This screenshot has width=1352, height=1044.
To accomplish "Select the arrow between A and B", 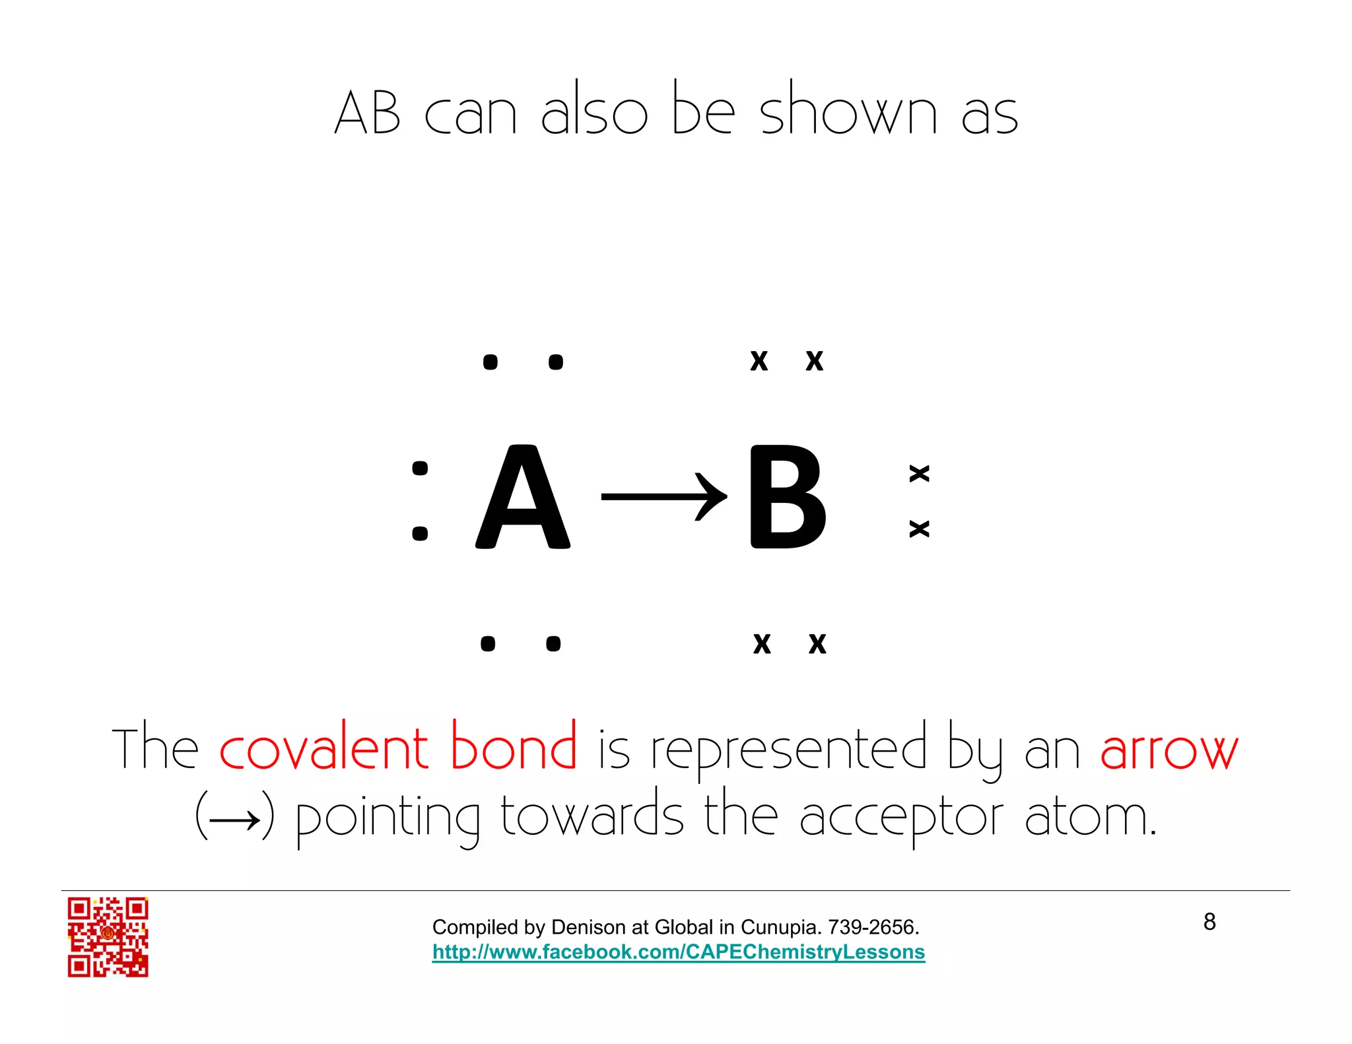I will [663, 496].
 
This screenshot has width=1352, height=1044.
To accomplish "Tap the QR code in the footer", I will [108, 936].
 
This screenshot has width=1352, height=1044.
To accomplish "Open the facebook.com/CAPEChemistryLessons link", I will [679, 952].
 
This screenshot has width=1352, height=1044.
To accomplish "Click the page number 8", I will [1209, 921].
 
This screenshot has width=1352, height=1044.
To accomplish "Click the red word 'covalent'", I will [324, 748].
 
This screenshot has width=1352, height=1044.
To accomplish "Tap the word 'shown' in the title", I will [848, 111].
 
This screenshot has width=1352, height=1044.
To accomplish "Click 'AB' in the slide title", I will [367, 112].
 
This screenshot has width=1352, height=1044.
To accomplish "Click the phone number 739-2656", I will [873, 927].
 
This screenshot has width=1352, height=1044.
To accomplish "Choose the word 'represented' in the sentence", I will [790, 750].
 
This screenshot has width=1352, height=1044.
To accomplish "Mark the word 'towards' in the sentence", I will [592, 816].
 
